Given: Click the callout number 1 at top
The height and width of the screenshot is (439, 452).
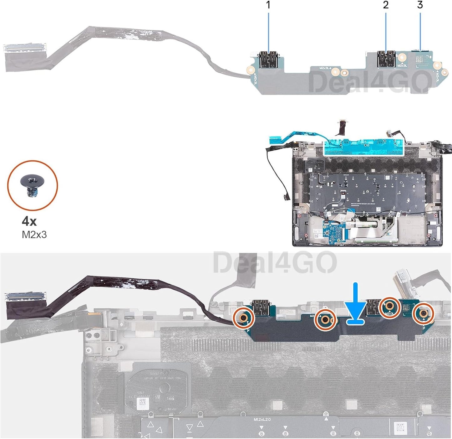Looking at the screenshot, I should [x=268, y=5].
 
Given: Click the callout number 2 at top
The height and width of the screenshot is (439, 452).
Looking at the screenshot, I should [x=386, y=5].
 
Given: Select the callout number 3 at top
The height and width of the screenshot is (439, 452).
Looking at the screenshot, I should [x=420, y=5].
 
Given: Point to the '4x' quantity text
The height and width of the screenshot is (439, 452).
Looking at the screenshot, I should [x=29, y=222].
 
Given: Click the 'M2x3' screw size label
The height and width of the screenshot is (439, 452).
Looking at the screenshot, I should [x=34, y=235].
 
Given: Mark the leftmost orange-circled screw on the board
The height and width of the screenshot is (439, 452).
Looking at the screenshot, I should [x=244, y=318].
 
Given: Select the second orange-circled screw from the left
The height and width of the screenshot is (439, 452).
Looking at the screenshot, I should [x=325, y=320].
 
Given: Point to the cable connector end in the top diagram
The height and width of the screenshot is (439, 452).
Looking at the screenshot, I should [x=25, y=48].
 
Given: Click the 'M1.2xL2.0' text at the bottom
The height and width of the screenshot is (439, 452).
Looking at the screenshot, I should [x=262, y=419].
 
